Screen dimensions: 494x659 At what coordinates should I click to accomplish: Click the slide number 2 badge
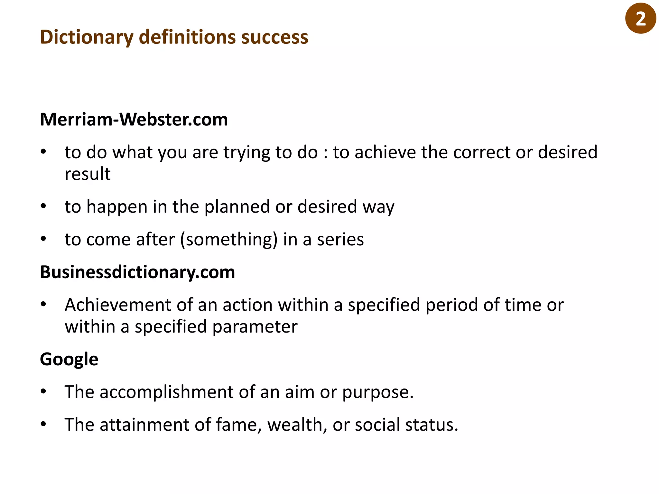click(640, 18)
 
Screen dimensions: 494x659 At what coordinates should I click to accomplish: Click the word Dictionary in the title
click(87, 37)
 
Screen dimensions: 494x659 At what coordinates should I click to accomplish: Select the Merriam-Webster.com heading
click(134, 120)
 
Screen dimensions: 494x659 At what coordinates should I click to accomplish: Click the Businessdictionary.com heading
click(137, 272)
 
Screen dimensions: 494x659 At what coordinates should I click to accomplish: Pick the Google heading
click(69, 359)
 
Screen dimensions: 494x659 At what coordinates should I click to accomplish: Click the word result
click(88, 174)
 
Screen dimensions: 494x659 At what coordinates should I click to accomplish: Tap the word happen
click(117, 207)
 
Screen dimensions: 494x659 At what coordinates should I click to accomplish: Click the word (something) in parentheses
click(229, 240)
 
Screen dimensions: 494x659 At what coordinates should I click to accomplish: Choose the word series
click(340, 240)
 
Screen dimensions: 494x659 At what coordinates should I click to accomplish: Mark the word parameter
click(255, 327)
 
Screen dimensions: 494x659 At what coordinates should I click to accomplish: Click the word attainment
click(144, 425)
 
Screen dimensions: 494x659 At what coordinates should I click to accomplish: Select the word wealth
click(295, 425)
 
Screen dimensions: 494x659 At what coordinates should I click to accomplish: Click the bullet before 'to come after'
click(43, 239)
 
